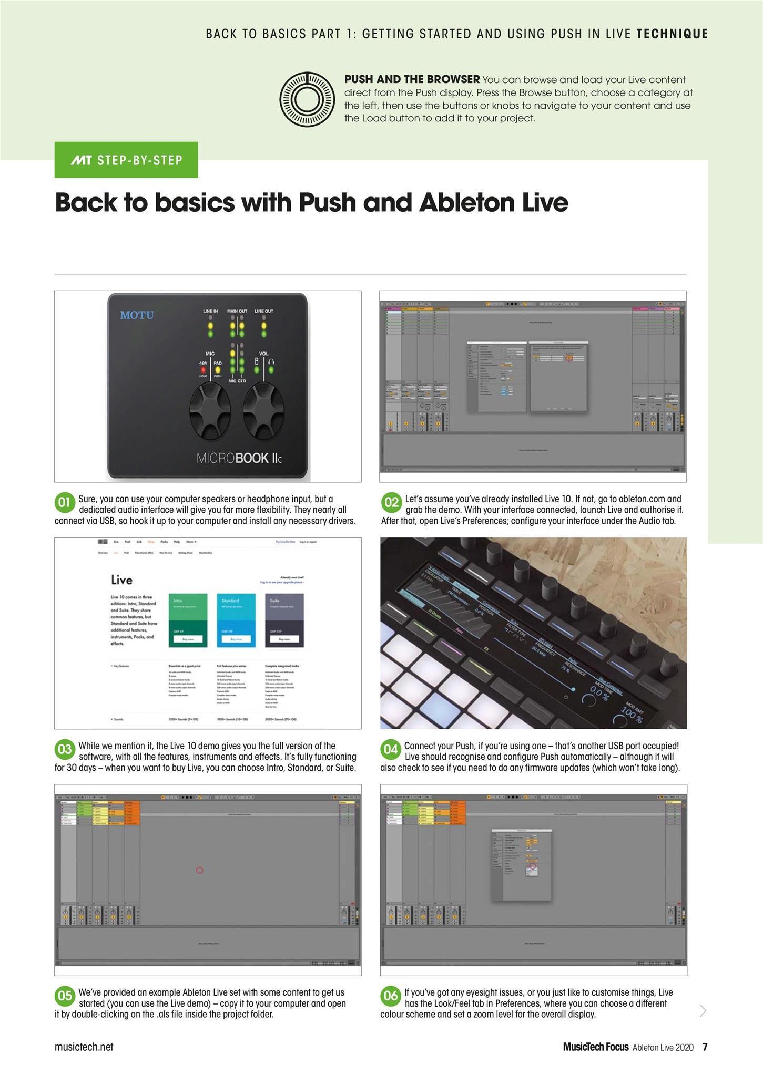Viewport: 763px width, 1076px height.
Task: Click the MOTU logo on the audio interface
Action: [x=137, y=315]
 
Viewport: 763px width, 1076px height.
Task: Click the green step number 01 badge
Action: [x=64, y=502]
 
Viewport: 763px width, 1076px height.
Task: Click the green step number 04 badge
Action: [x=390, y=749]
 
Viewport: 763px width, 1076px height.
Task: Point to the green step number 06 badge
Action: [x=390, y=996]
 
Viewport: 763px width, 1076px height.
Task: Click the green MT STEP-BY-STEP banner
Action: [x=126, y=160]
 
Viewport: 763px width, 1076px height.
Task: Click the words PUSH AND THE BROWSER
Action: [x=412, y=79]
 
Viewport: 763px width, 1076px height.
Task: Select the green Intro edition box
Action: [x=188, y=620]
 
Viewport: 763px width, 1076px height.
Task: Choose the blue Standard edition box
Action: [x=236, y=620]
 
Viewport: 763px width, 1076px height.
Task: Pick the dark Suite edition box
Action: [x=284, y=620]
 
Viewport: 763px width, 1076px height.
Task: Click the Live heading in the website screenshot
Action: [x=121, y=580]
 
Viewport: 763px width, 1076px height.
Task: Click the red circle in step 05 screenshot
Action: [x=199, y=871]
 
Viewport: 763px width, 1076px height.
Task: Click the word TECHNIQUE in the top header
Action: [x=672, y=34]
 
